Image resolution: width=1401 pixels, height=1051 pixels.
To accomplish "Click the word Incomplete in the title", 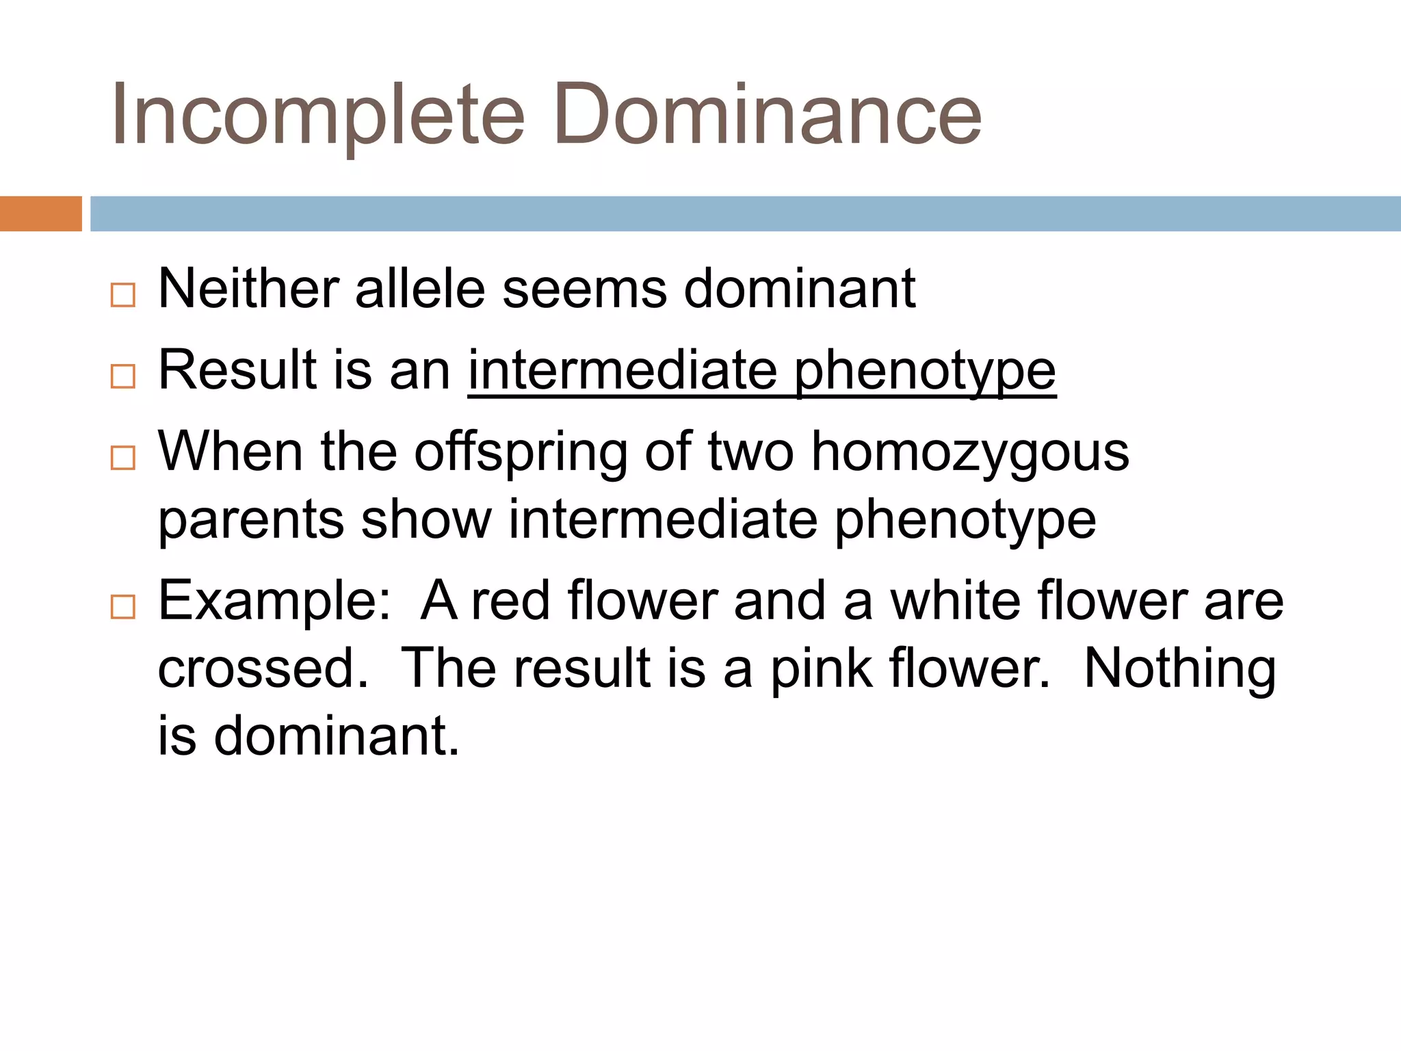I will (x=318, y=115).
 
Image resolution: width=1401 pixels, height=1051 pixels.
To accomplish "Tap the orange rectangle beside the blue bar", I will (x=40, y=213).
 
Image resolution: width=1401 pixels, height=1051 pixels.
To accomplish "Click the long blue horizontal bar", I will (x=745, y=213).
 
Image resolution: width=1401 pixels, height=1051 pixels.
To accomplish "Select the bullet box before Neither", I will (x=123, y=295).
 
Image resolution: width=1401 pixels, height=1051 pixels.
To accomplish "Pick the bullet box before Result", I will (x=123, y=376).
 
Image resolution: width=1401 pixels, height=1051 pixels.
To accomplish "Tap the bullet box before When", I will (x=123, y=457).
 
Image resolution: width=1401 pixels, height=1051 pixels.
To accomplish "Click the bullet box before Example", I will (x=123, y=606).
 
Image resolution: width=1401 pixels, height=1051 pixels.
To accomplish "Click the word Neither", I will (x=248, y=289).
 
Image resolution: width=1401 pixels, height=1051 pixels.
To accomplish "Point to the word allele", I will (x=420, y=289).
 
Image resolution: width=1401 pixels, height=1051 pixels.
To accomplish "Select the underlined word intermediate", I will (x=623, y=371).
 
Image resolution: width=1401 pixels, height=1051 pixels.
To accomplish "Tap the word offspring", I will (x=521, y=454).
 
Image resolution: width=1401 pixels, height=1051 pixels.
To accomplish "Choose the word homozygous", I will (x=969, y=454).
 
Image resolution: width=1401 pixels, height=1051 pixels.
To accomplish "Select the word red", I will (x=511, y=601).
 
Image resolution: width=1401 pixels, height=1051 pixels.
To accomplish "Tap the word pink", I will (x=822, y=669).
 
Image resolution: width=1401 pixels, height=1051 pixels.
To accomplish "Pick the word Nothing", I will (x=1179, y=669).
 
